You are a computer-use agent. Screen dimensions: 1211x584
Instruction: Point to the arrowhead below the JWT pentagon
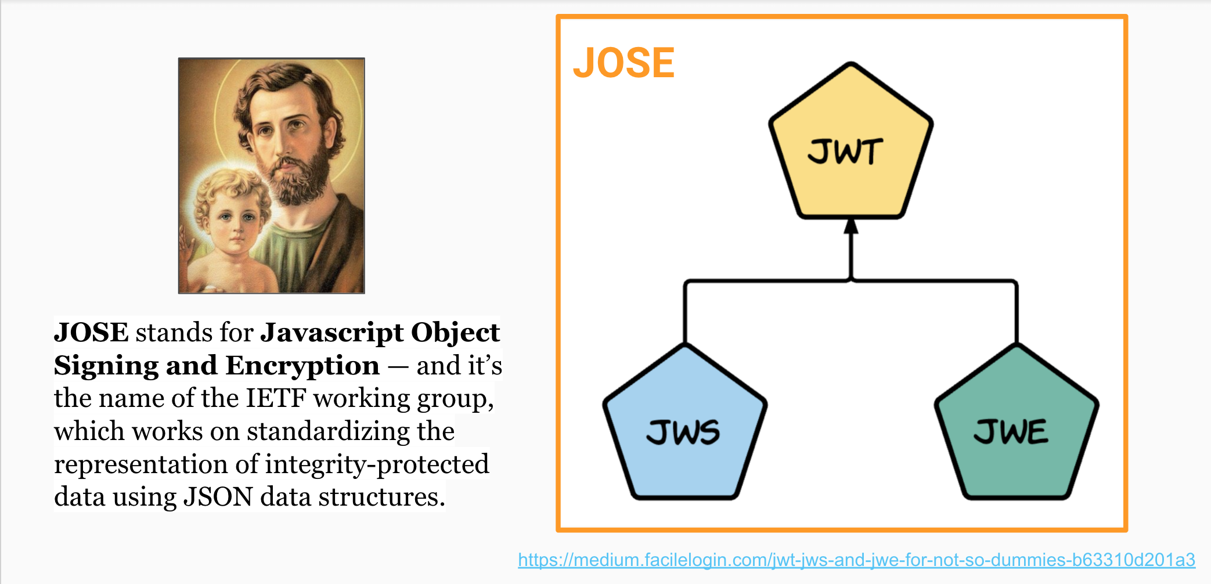click(851, 226)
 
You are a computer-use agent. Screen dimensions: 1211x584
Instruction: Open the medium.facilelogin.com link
click(856, 560)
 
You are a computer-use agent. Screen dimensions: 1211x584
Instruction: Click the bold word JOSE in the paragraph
click(91, 333)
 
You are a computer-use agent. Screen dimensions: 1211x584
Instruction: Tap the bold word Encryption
click(302, 366)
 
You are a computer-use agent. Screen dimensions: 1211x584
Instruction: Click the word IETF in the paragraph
click(276, 398)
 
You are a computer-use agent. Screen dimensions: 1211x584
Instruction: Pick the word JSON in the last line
click(218, 497)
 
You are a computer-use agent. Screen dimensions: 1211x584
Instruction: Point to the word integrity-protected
click(377, 464)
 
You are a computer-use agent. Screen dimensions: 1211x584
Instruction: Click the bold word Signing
click(106, 366)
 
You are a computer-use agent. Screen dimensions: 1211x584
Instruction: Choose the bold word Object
click(455, 333)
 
